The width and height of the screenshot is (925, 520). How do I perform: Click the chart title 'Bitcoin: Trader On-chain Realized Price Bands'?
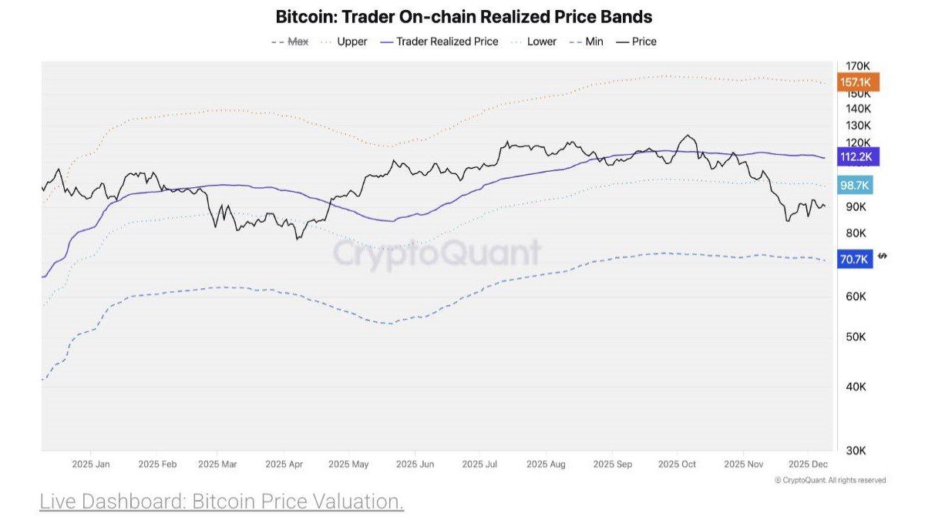(464, 16)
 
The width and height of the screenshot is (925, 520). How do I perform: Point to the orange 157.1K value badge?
(857, 82)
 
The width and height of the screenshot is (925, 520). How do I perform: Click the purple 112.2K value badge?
(857, 157)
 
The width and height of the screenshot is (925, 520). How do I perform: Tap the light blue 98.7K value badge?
(856, 186)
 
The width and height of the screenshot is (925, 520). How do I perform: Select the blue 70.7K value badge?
(856, 260)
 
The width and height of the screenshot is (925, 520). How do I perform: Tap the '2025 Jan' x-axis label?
(91, 465)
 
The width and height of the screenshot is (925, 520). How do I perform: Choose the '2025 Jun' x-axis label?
(415, 465)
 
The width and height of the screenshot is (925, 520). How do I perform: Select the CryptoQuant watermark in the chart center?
(437, 253)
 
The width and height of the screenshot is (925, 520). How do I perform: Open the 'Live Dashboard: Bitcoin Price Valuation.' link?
(222, 502)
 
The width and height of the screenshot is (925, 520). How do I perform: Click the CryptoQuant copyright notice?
(830, 480)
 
